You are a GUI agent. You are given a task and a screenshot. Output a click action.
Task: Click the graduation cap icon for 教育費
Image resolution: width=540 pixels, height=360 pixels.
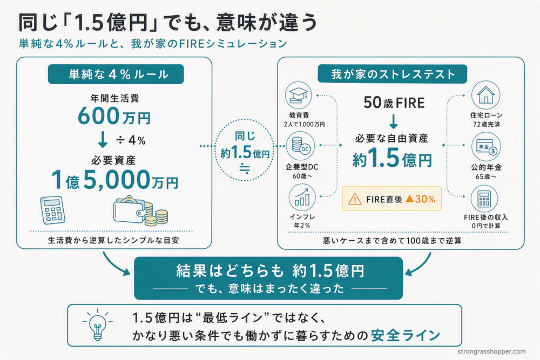pos(298,96)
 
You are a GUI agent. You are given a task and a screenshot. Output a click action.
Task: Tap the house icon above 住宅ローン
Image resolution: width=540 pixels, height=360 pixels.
pos(485,95)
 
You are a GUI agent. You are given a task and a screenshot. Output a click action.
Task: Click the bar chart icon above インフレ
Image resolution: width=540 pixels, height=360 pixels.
pos(302,197)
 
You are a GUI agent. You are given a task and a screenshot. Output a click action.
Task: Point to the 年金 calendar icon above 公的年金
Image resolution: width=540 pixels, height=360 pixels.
pos(486,147)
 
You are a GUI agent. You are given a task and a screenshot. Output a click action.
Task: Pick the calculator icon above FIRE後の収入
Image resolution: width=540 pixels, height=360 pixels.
pos(484,199)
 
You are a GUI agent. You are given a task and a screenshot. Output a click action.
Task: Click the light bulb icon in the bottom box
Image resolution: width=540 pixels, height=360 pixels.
pos(97,324)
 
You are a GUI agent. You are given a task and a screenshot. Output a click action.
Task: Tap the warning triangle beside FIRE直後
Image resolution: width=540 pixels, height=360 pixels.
pos(355,199)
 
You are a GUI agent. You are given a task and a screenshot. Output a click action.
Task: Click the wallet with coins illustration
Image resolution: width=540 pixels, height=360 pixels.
pos(141,210)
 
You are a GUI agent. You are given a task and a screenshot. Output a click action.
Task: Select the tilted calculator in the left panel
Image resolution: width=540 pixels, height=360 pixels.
pos(53,210)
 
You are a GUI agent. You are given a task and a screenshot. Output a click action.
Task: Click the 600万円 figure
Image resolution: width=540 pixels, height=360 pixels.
pos(114,116)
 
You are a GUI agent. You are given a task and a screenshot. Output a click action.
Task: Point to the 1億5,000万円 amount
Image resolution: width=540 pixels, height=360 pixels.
pos(114,180)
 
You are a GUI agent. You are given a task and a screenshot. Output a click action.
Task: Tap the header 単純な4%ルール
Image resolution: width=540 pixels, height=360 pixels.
pos(116,74)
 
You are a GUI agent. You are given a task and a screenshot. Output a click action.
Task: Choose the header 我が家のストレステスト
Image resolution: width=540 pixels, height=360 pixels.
pos(392,74)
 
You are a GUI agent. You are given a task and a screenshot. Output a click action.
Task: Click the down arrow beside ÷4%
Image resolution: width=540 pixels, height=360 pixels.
pos(103,139)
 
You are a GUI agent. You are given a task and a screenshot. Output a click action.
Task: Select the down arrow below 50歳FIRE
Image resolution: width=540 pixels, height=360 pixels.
pos(394,121)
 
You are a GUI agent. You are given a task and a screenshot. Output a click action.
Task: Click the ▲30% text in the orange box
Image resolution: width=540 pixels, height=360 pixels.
pos(420,199)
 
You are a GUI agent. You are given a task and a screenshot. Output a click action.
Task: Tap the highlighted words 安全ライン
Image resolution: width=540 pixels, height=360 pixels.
pos(406,335)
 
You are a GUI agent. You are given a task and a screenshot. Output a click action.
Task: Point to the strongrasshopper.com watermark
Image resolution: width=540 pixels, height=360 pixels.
pos(491,352)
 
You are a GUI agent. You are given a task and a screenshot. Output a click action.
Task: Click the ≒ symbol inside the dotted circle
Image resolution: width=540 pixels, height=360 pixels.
pos(245,168)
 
